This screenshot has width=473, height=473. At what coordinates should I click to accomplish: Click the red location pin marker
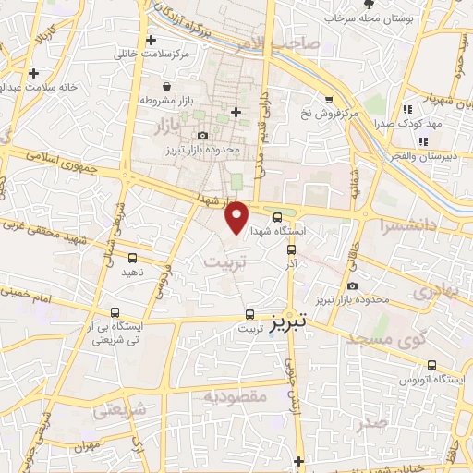point(237,217)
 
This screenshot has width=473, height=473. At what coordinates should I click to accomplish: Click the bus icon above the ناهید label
point(133,259)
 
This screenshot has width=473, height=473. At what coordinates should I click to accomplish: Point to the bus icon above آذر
point(292,249)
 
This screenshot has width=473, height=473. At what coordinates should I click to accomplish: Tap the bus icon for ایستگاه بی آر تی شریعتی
point(115,312)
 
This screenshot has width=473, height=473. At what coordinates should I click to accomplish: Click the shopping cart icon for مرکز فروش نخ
point(328,100)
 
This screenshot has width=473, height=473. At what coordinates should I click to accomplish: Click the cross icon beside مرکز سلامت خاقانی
point(151,41)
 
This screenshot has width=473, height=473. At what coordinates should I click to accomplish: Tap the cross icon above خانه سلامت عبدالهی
point(34,73)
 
